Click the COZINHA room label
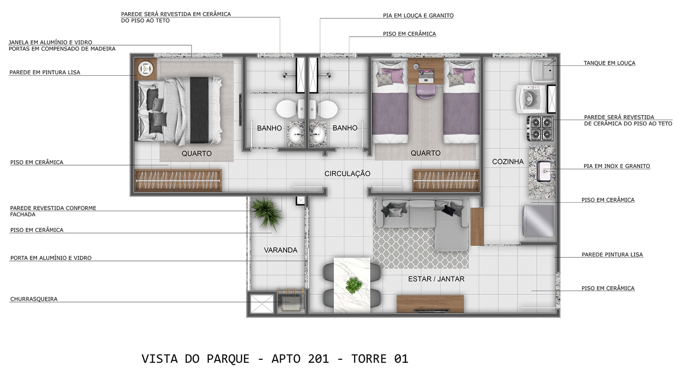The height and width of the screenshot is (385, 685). coord(508,162)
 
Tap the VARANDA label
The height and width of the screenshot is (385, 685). coord(280,250)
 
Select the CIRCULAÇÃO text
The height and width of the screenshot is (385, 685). coord(348,174)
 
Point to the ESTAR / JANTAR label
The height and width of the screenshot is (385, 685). coord(436,279)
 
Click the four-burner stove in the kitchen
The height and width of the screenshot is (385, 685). coord(540,128)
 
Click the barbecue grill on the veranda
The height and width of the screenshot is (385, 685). coord(291,300)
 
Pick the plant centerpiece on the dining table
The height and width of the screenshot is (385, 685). coord(354,286)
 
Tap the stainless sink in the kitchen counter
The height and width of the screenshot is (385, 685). coord(544,171)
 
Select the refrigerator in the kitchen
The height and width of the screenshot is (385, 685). coord(538,221)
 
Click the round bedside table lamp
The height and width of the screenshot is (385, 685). coord(145,68)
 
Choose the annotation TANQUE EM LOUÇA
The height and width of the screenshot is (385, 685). coord(609,63)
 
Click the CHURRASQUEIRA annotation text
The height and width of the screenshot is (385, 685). coord(34,299)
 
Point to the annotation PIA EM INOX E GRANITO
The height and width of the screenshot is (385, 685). coord(617,166)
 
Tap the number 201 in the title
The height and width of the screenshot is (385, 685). coord(318,359)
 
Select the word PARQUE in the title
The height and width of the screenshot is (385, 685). coord(228,359)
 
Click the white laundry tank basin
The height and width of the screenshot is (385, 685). coord(543,70)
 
